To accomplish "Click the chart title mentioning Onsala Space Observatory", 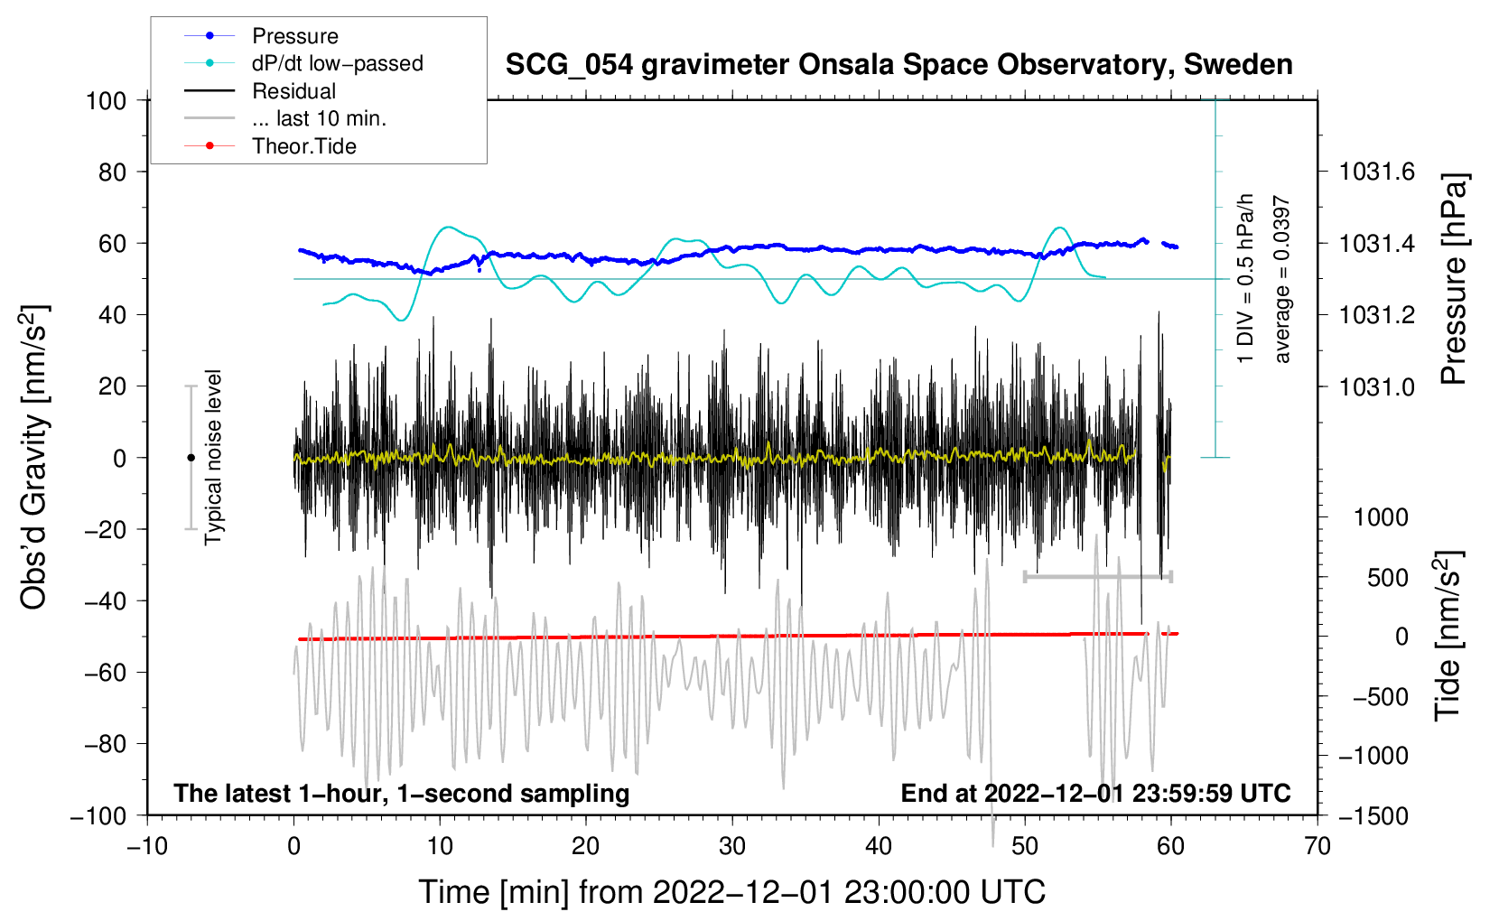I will pyautogui.click(x=898, y=65).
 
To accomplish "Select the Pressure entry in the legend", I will pyautogui.click(x=294, y=36).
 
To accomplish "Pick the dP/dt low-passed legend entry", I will pyautogui.click(x=337, y=63).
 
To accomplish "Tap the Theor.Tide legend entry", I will pyautogui.click(x=303, y=146).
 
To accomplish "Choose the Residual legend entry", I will pyautogui.click(x=293, y=91).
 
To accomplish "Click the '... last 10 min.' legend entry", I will pyautogui.click(x=319, y=118).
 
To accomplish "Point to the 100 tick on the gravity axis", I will pyautogui.click(x=106, y=100).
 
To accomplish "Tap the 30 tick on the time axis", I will pyautogui.click(x=732, y=846).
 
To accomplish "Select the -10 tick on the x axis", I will pyautogui.click(x=147, y=846).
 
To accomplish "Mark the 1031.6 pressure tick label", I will pyautogui.click(x=1377, y=172).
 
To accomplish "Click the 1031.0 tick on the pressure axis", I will pyautogui.click(x=1377, y=386).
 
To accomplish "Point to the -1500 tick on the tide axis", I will pyautogui.click(x=1373, y=815).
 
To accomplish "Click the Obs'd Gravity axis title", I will pyautogui.click(x=34, y=458).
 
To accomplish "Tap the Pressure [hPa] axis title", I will pyautogui.click(x=1454, y=279).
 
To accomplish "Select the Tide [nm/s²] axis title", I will pyautogui.click(x=1448, y=636).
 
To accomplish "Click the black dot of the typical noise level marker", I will pyautogui.click(x=191, y=458).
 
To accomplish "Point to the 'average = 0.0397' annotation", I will pyautogui.click(x=1282, y=280).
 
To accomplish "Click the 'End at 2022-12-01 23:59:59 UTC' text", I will pyautogui.click(x=1095, y=793).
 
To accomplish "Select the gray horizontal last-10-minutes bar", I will pyautogui.click(x=1097, y=576).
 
